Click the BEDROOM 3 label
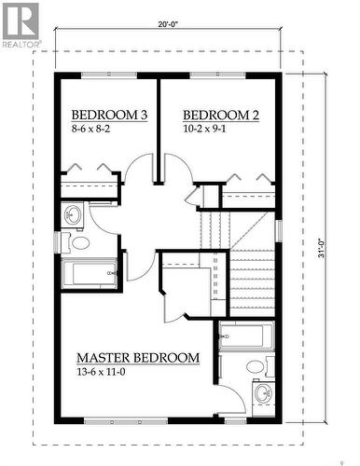109,115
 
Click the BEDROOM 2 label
220,115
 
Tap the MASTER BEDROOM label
137,358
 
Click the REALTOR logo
21,23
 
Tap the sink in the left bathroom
73,216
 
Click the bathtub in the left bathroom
89,274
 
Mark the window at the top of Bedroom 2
216,75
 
